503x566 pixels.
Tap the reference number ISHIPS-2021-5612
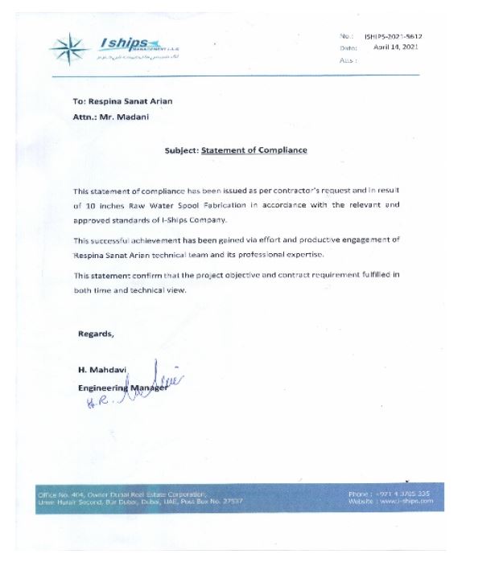(x=393, y=37)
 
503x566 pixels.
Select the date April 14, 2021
(x=397, y=48)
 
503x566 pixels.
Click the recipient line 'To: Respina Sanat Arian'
(x=122, y=101)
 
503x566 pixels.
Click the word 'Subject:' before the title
(x=181, y=150)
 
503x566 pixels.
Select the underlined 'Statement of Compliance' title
(x=254, y=150)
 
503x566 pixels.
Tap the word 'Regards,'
(x=96, y=334)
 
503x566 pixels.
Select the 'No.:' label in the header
(x=346, y=37)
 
